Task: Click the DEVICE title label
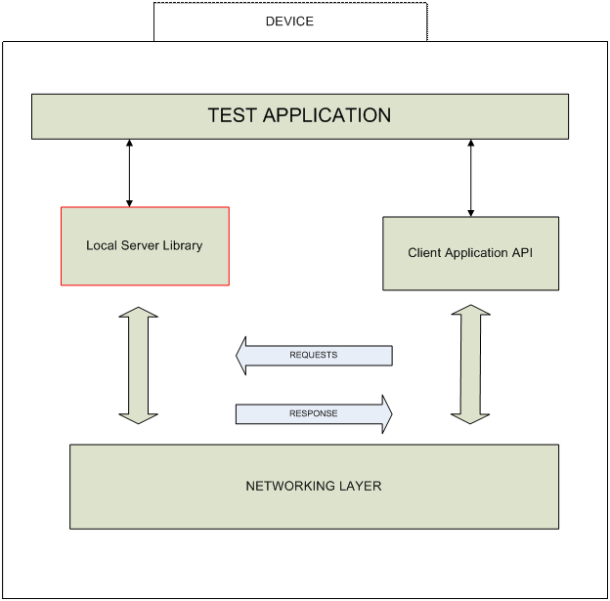pos(289,21)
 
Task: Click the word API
pos(521,253)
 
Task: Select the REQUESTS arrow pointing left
pos(313,355)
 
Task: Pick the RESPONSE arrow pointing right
pos(313,413)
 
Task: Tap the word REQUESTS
pos(313,355)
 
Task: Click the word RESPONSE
pos(313,413)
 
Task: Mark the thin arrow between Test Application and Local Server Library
pos(129,173)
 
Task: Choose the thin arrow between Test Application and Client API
pos(471,177)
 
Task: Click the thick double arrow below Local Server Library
pos(139,365)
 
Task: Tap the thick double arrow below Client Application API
pos(470,364)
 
